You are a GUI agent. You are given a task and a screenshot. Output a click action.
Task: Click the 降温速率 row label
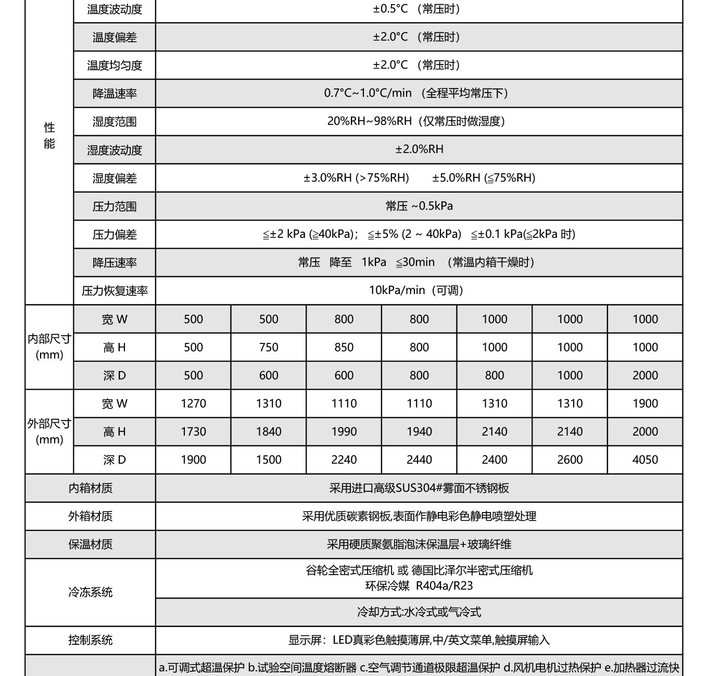click(x=115, y=94)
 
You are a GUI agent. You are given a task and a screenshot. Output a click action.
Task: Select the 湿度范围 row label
click(x=115, y=122)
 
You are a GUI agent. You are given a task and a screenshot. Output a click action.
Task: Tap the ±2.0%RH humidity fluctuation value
click(x=419, y=149)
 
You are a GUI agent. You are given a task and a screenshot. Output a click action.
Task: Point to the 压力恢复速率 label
click(x=115, y=291)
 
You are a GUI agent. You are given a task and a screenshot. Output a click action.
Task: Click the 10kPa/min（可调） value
click(x=416, y=290)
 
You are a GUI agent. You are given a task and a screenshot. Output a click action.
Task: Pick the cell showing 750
click(x=269, y=347)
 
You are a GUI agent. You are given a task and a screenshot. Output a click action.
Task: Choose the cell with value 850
click(x=344, y=347)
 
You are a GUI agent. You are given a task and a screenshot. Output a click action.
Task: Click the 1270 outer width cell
click(x=193, y=403)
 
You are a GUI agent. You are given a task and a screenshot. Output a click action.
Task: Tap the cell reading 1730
click(x=193, y=431)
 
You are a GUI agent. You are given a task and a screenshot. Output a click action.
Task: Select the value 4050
click(x=645, y=460)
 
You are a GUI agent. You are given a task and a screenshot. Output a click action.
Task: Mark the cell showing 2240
click(x=344, y=460)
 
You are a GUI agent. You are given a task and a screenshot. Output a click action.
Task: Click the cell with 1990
click(x=344, y=431)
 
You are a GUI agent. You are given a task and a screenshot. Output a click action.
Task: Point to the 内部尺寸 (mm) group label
click(x=49, y=347)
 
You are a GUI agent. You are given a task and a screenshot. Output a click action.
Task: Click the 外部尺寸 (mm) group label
click(x=49, y=431)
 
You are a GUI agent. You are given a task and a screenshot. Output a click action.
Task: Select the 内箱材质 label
click(x=90, y=488)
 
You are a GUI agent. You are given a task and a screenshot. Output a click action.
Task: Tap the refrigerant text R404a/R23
click(x=444, y=586)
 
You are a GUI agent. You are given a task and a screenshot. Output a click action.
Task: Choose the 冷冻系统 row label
click(x=90, y=592)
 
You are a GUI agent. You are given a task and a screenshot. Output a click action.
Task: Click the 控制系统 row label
click(x=90, y=640)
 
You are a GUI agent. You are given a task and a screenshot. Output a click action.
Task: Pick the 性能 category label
click(x=49, y=135)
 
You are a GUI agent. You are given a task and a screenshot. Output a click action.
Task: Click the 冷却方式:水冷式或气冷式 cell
click(x=419, y=612)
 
